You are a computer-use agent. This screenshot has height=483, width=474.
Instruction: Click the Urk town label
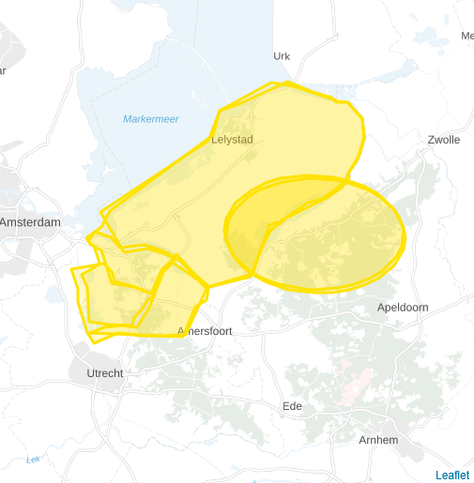282,56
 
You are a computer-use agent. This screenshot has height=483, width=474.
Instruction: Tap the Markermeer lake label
150,119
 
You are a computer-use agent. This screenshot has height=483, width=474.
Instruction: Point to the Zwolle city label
443,140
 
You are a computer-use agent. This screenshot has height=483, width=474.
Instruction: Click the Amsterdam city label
30,222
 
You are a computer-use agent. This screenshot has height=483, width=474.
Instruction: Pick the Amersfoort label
205,331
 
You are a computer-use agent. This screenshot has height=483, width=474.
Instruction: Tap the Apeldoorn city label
402,308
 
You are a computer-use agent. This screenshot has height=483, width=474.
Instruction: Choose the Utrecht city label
104,373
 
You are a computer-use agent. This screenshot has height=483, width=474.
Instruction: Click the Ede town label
293,406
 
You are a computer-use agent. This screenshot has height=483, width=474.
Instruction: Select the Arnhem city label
379,440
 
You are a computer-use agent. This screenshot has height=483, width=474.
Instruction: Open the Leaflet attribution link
451,475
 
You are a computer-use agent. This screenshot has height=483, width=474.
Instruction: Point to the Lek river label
34,460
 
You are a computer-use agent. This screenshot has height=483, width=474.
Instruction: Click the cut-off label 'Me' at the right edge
466,36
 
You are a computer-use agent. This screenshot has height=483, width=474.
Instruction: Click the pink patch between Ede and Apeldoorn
354,380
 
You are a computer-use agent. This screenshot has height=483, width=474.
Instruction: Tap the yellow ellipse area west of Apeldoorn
347,249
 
